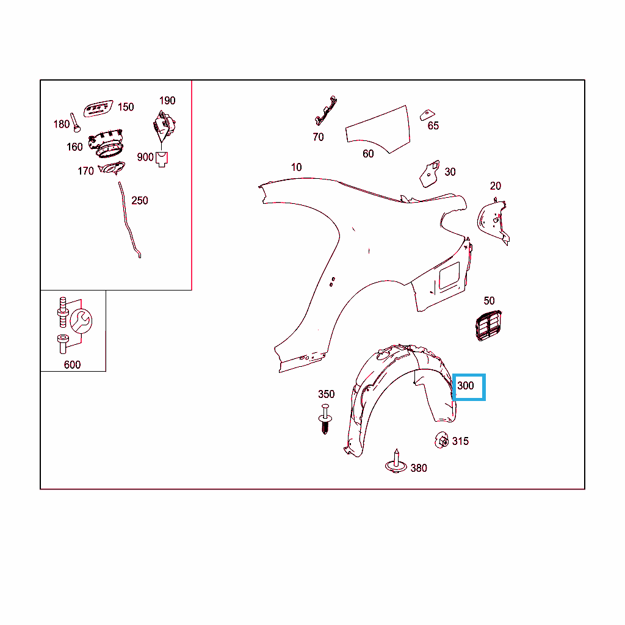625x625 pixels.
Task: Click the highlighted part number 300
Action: click(x=466, y=386)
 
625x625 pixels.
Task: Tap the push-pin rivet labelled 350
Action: click(x=325, y=419)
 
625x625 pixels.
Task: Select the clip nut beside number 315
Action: click(x=441, y=440)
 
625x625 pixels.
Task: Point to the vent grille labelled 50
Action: click(x=488, y=325)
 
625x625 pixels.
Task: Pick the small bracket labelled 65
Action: click(x=427, y=115)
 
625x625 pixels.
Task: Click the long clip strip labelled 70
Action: click(x=326, y=110)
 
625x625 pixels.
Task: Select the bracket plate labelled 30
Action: click(x=430, y=174)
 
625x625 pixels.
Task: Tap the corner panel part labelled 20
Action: click(x=493, y=222)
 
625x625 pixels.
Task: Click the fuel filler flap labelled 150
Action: click(x=98, y=108)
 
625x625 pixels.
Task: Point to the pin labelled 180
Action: click(x=75, y=122)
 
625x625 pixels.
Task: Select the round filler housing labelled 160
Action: click(x=106, y=143)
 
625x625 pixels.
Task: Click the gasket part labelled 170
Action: click(x=112, y=168)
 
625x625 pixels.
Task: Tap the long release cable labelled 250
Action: click(x=129, y=220)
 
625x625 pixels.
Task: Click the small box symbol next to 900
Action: click(x=161, y=159)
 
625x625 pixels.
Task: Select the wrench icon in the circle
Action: click(x=81, y=321)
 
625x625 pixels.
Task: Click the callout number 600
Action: click(x=72, y=365)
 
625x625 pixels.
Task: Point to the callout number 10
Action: click(x=296, y=167)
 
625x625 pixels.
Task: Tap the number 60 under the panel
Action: click(x=368, y=154)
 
